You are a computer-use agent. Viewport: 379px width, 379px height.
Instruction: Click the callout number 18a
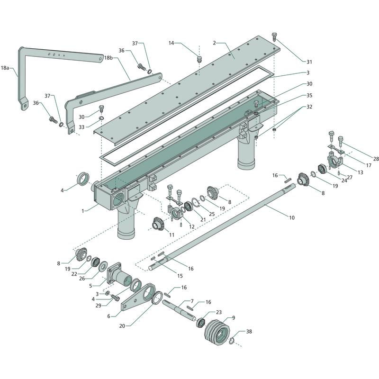coord(5,68)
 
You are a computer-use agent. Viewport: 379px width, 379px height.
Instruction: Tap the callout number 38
coord(249,332)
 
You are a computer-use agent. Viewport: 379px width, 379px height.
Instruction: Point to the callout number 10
coord(291,217)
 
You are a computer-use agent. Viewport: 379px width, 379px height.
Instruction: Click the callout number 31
coord(309,62)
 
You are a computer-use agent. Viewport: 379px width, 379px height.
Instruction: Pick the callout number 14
coord(171,43)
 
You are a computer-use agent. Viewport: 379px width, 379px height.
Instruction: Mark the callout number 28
coord(376,159)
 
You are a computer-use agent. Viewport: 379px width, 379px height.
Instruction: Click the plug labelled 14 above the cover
coord(199,59)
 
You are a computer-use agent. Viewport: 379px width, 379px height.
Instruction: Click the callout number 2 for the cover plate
coord(214,43)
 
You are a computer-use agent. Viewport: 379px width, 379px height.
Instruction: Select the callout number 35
coord(309,95)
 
